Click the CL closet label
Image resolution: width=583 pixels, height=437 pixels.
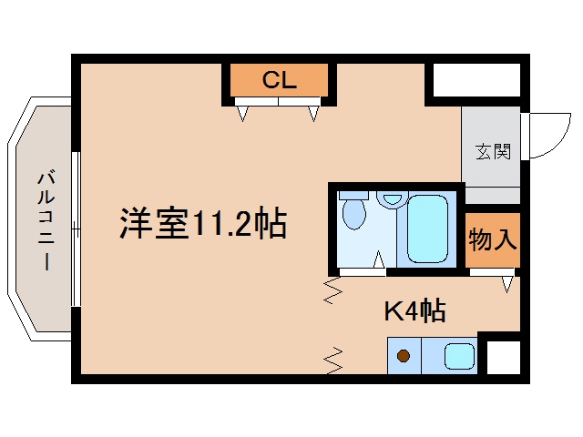280,79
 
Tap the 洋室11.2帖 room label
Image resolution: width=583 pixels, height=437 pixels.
203,223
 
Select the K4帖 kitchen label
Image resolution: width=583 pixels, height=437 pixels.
415,310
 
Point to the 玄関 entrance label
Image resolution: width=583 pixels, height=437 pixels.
494,152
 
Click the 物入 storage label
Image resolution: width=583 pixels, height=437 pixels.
493,239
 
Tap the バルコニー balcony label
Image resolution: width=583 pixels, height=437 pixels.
46,220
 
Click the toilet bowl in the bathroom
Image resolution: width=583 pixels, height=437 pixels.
354,213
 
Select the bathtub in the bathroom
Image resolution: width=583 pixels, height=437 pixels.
427,229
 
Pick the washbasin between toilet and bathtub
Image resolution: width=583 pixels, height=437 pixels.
392,199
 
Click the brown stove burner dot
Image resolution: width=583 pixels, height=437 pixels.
404,356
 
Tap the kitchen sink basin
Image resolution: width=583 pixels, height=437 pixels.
459,356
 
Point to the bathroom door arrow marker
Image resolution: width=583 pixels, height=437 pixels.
379,259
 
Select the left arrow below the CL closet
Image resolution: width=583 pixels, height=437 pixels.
243,113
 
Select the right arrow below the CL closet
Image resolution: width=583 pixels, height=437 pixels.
313,113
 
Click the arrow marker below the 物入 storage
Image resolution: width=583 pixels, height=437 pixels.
506,284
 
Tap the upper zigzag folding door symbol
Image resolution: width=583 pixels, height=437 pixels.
332,291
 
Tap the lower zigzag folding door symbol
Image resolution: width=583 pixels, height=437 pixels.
333,361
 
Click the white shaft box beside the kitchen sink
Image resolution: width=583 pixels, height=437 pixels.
504,358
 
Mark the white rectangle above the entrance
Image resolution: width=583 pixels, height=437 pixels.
476,80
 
